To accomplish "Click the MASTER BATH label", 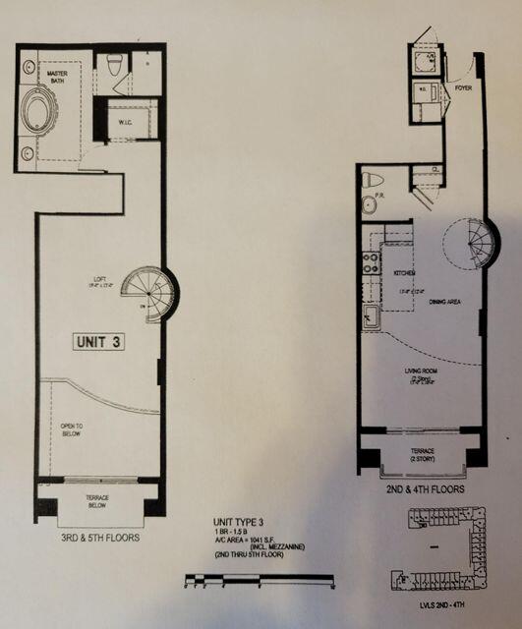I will coord(51,78).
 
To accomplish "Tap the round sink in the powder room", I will coord(369,205).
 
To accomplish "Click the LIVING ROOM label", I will coord(425,372).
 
